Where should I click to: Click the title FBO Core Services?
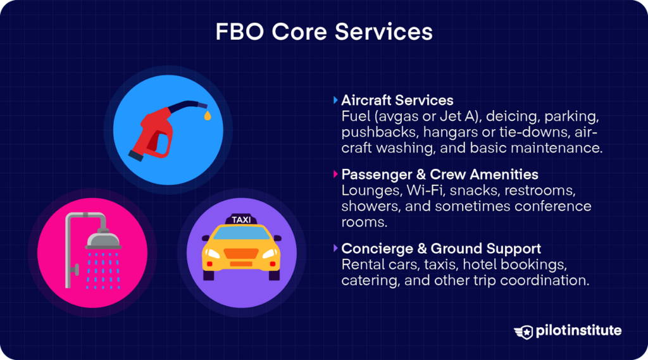coord(324,32)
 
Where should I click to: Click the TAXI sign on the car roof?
coord(241,220)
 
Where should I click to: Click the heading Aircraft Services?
coord(397,100)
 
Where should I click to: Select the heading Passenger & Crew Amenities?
coord(439,174)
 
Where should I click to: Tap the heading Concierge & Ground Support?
coord(440,248)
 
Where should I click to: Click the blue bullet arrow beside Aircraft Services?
coord(335,100)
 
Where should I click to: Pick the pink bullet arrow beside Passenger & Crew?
coord(335,174)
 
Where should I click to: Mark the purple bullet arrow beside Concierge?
coord(335,248)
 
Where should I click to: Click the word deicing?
coord(499,117)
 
